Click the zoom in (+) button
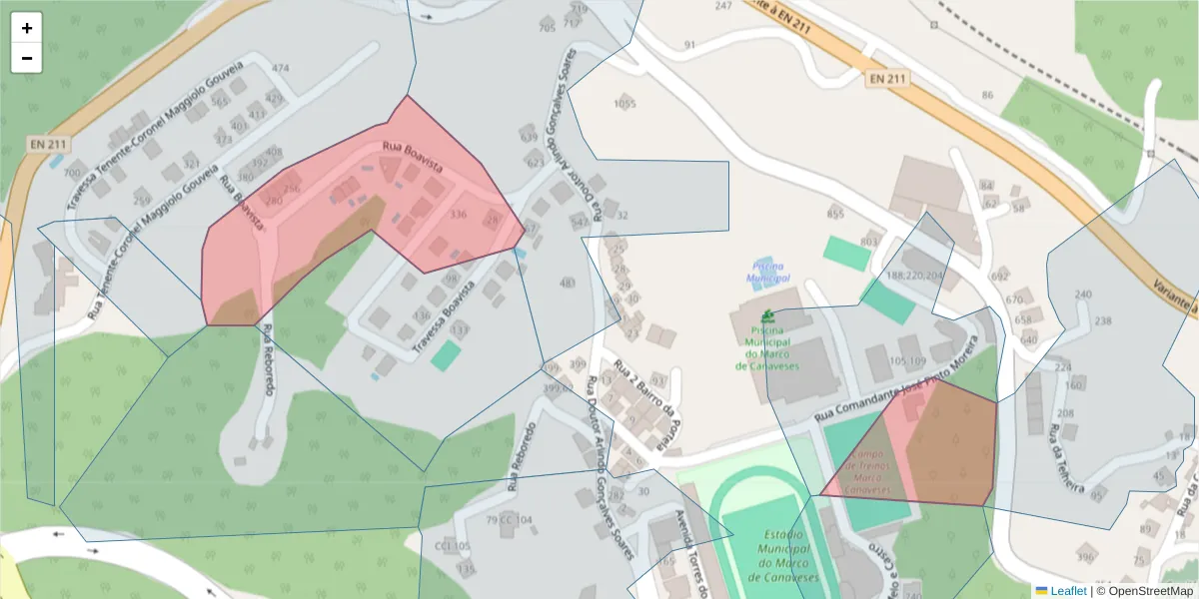(27, 28)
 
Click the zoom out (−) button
(27, 58)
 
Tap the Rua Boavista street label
(412, 159)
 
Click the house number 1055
(624, 104)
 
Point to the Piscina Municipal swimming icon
(767, 315)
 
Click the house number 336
(459, 215)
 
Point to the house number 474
(280, 69)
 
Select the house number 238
(1103, 320)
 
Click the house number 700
(72, 173)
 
